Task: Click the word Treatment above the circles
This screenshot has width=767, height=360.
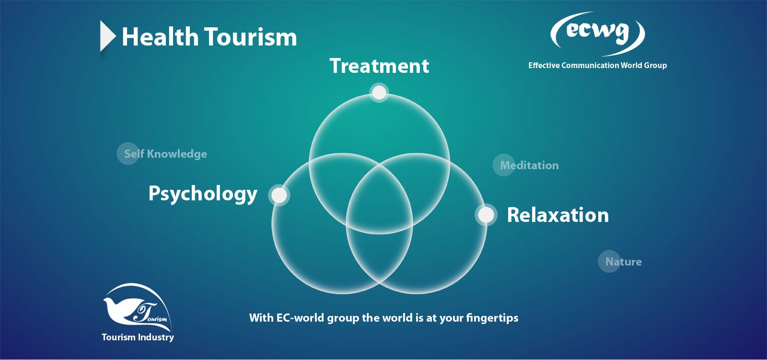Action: [x=379, y=66]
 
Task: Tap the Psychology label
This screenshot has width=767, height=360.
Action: [x=203, y=194]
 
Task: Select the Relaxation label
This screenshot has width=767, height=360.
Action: [x=558, y=215]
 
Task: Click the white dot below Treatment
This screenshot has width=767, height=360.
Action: [x=379, y=92]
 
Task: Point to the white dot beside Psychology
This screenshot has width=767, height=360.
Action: [x=279, y=195]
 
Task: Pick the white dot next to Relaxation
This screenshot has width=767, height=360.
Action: [x=486, y=215]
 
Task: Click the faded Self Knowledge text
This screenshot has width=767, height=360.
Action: [x=165, y=154]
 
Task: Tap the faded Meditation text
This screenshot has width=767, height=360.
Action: [x=529, y=165]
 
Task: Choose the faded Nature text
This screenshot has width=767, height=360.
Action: [x=624, y=262]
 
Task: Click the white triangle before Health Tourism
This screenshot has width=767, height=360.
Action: [x=107, y=36]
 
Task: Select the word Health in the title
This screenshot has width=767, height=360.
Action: [x=160, y=37]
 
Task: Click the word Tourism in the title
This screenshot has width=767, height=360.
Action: [x=251, y=37]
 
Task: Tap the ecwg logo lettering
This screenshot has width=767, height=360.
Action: [x=597, y=33]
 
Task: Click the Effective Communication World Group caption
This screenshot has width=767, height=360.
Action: [x=597, y=65]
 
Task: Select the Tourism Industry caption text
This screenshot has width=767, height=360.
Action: [x=138, y=337]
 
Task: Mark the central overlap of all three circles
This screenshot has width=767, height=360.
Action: [x=379, y=202]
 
